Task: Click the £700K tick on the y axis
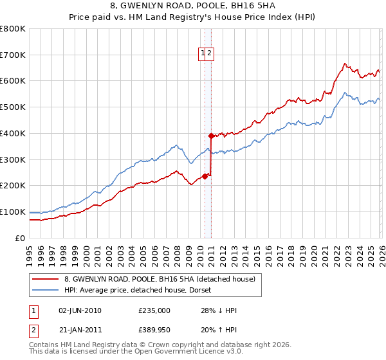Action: (13, 55)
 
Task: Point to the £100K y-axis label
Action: (13, 212)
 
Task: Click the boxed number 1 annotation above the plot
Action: (203, 53)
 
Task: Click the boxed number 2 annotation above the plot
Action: (210, 53)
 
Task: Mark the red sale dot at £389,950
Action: (210, 136)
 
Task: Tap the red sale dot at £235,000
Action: (205, 176)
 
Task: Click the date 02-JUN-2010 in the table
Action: (80, 310)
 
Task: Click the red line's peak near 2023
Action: (345, 63)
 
